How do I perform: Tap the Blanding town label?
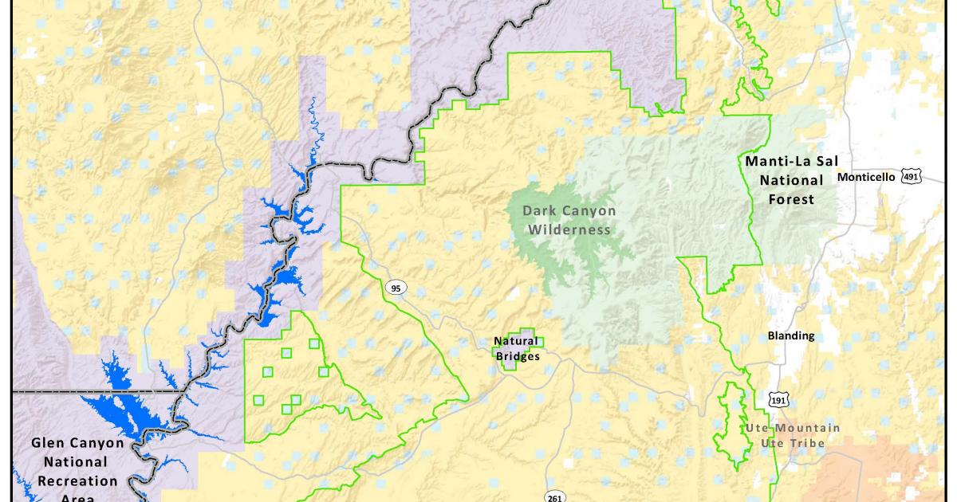click(x=791, y=335)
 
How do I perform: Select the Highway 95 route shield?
click(x=396, y=287)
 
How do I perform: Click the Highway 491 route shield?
click(x=912, y=177)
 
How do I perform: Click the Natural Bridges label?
click(x=517, y=348)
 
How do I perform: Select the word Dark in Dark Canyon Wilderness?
click(x=538, y=211)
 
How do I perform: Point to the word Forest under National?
click(x=791, y=199)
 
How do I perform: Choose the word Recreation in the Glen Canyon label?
click(x=77, y=480)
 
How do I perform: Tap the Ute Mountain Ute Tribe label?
click(x=792, y=435)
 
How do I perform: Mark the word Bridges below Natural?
click(x=518, y=356)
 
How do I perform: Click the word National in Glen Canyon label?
click(x=76, y=461)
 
